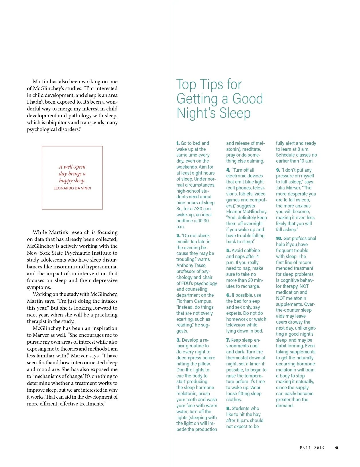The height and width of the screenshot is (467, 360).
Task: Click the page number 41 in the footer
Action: [337, 448]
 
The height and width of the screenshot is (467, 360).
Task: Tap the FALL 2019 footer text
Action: [312, 448]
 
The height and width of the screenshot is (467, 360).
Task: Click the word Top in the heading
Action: [186, 85]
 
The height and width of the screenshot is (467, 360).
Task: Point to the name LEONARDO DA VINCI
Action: [72, 188]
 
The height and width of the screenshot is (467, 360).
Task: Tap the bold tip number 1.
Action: [178, 143]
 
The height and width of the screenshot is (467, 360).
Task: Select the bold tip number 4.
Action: [228, 170]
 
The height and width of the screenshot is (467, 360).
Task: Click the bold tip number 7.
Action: [228, 340]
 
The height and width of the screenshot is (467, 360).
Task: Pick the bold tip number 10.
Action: [279, 238]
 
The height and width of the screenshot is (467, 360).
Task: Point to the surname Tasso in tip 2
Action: [200, 265]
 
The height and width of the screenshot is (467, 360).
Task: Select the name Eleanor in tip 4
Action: [234, 212]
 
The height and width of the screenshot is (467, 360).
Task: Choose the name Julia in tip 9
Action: [281, 188]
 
